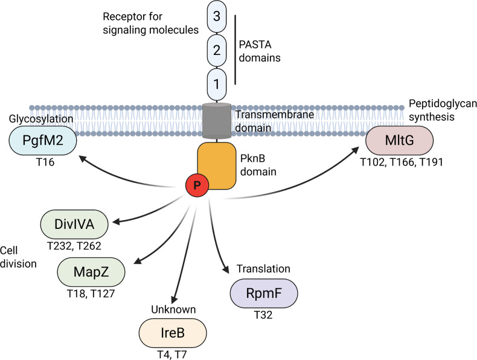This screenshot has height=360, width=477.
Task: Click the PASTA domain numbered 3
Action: (217, 16)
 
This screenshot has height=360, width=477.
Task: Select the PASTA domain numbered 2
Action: (217, 50)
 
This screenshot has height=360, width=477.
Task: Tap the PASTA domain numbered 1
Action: (217, 84)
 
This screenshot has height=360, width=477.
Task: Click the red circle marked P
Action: (197, 185)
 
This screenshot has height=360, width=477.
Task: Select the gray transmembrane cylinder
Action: (217, 121)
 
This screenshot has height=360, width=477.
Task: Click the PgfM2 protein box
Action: (43, 140)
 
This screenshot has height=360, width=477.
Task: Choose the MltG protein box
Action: (400, 140)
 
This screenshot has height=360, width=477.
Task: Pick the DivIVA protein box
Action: (74, 224)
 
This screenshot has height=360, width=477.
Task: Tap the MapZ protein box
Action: (91, 272)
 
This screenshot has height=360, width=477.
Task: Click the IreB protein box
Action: (173, 333)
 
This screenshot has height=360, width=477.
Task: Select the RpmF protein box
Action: (264, 294)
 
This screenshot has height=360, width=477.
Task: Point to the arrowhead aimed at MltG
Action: (354, 150)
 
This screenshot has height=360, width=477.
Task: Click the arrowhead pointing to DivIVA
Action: (117, 222)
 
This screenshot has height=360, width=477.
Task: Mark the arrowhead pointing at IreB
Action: (174, 298)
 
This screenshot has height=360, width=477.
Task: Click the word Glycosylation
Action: (41, 118)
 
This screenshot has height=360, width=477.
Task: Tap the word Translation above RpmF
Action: (263, 269)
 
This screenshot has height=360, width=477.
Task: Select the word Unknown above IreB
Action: (173, 309)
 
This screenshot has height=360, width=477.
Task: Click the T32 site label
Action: (263, 315)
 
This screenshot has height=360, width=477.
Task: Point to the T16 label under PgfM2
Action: (45, 162)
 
